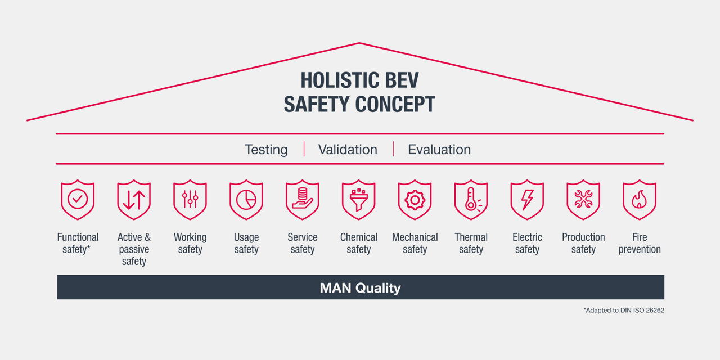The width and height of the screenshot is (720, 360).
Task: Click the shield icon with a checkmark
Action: (x=78, y=200)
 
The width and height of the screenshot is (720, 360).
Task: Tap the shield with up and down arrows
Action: (x=134, y=200)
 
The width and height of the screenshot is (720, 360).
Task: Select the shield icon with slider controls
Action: (x=190, y=200)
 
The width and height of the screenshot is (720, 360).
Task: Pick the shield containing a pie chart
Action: (x=246, y=200)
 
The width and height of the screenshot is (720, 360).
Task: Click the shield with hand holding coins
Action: (x=303, y=200)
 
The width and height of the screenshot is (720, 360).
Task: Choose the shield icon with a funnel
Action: (x=359, y=200)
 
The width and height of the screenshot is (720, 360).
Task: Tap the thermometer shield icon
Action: (x=471, y=200)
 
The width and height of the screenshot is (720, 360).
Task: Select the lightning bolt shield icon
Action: (x=528, y=200)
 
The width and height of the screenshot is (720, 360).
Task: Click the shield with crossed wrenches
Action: (x=583, y=200)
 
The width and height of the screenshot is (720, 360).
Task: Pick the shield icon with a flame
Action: (x=640, y=200)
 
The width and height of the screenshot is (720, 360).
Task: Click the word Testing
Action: (x=266, y=150)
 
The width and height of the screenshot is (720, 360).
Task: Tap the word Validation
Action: (x=348, y=150)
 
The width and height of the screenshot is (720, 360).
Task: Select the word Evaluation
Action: (x=439, y=150)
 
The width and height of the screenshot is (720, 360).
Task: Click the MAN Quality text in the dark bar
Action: (x=360, y=288)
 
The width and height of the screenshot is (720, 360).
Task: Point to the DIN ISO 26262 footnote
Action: (x=624, y=310)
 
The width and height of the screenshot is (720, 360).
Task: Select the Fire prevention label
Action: (x=640, y=243)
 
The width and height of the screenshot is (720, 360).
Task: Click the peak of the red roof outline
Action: (x=359, y=43)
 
